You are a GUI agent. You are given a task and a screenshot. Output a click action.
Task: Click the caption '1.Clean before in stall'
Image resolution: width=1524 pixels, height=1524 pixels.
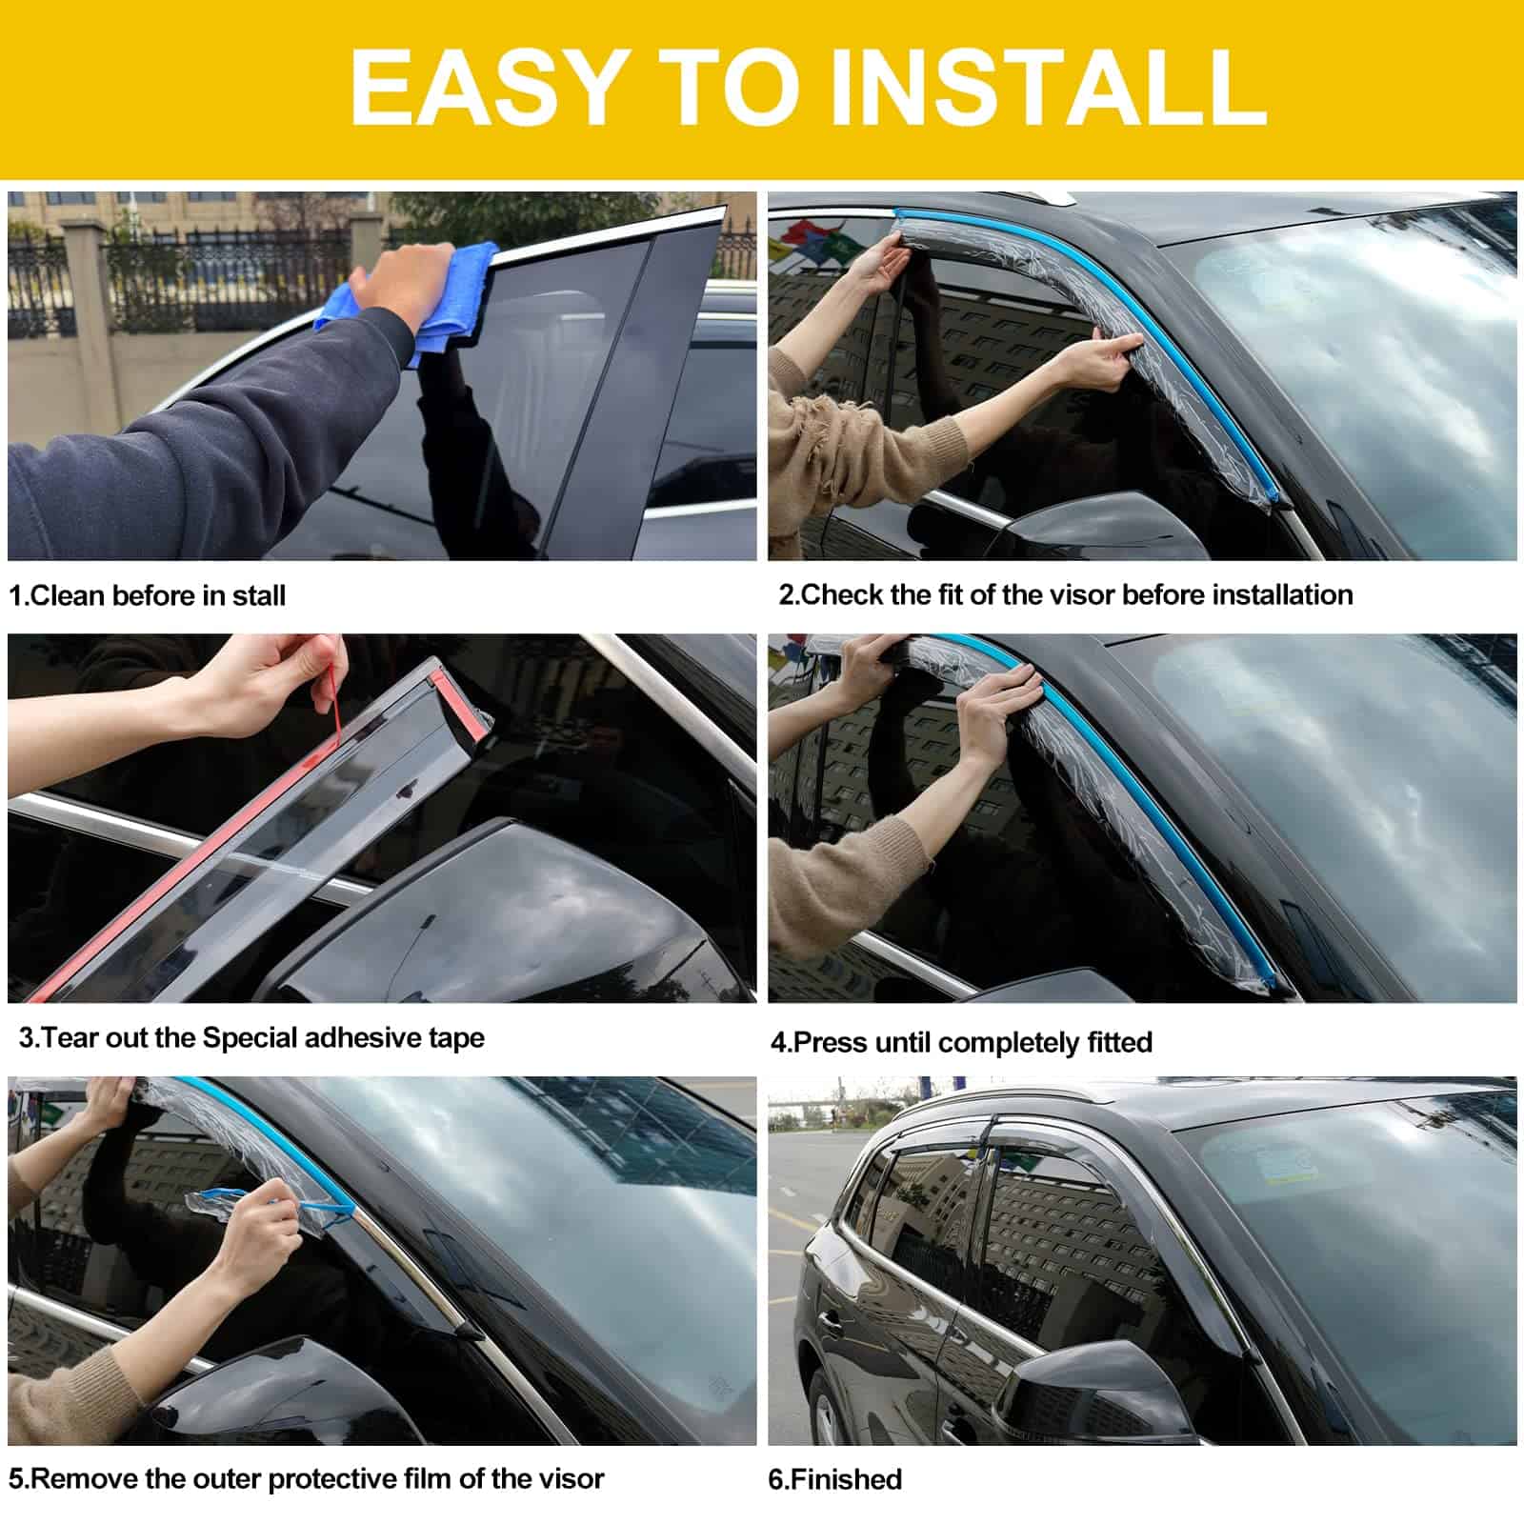point(147,595)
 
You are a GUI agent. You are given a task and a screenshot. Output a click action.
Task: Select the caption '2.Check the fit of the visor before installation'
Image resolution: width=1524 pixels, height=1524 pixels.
point(1066,594)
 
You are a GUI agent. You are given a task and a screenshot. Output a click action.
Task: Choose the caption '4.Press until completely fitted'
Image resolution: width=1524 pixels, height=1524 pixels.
point(961,1042)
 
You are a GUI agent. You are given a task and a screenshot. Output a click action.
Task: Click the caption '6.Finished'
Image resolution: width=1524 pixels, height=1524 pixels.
point(834,1479)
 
